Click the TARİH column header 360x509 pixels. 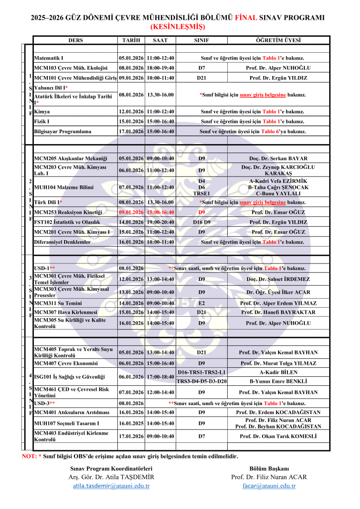click(131, 40)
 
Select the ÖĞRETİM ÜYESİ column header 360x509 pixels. click(278, 40)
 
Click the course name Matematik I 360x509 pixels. click(49, 58)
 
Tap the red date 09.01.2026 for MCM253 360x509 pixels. click(131, 212)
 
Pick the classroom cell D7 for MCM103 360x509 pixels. click(201, 68)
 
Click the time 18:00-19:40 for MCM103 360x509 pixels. click(160, 68)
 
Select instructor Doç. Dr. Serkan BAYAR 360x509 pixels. click(278, 159)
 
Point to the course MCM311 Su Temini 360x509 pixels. click(58, 303)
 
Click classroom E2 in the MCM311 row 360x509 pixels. click(201, 303)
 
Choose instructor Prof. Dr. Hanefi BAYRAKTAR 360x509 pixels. click(278, 312)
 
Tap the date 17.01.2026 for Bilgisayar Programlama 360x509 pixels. click(131, 132)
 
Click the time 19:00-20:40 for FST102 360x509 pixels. click(160, 222)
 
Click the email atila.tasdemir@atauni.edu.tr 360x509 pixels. click(111, 486)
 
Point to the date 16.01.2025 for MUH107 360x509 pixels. click(131, 423)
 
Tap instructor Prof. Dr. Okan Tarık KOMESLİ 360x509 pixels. click(278, 436)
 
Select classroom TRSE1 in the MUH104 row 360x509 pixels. click(201, 193)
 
